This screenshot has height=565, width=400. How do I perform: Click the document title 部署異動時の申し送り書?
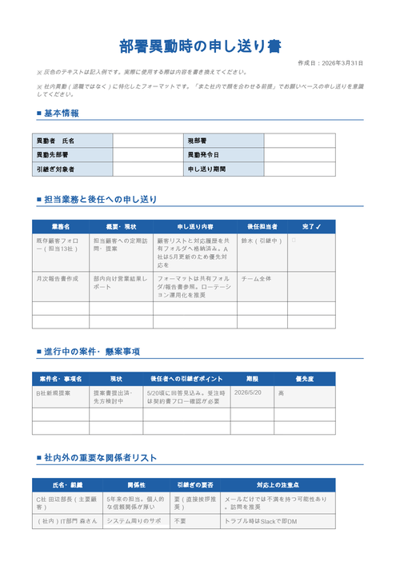[x=200, y=46]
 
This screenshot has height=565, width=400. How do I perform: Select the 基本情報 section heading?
[x=61, y=113]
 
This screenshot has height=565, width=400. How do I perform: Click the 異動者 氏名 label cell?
[x=72, y=141]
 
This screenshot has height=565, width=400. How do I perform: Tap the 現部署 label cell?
[x=224, y=141]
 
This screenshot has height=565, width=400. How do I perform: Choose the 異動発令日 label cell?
[x=224, y=155]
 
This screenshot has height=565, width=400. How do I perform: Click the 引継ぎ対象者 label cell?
[x=72, y=169]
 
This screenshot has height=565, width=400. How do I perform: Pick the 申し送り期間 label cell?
[x=224, y=169]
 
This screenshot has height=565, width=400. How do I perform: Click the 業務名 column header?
[x=61, y=227]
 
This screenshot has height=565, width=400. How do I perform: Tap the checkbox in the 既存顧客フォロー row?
[x=294, y=240]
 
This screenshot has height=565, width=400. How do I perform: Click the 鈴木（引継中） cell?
[x=262, y=241]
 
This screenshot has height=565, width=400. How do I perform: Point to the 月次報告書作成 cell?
[x=58, y=279]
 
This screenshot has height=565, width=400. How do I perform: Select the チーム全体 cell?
[x=257, y=279]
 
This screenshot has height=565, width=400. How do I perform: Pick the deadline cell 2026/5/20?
[x=249, y=393]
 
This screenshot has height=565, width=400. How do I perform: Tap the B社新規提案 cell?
[x=54, y=393]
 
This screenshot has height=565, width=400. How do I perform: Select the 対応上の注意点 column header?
[x=278, y=485]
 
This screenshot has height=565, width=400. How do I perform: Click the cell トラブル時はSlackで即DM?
[x=261, y=521]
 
